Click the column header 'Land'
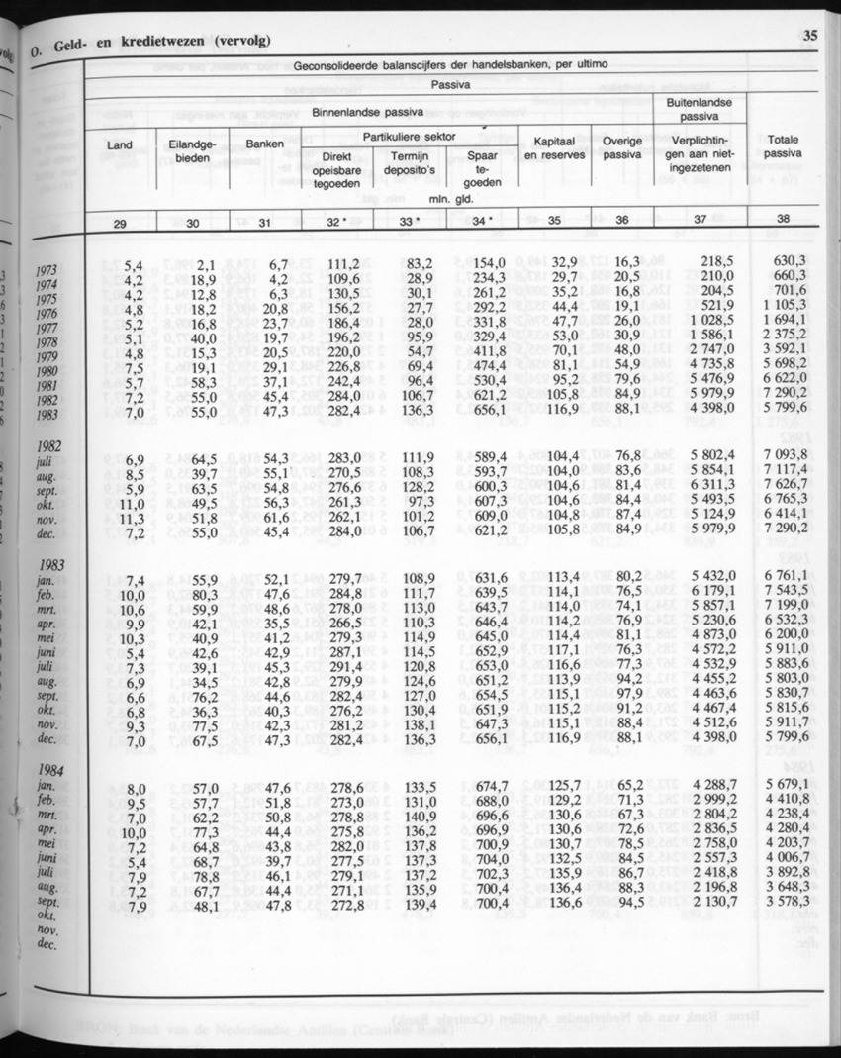click(x=119, y=145)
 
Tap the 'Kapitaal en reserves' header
click(x=554, y=148)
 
